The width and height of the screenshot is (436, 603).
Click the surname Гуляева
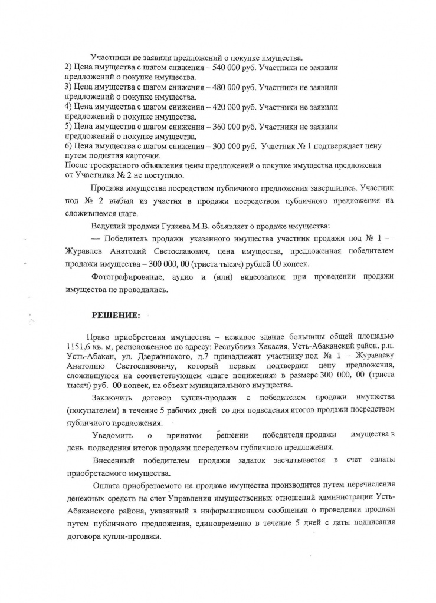pyautogui.click(x=168, y=227)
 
